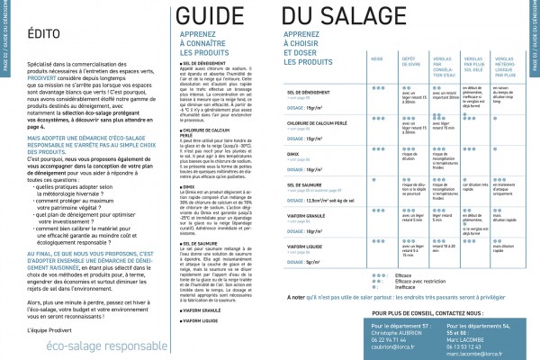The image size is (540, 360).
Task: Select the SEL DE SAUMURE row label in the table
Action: point(305,209)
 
